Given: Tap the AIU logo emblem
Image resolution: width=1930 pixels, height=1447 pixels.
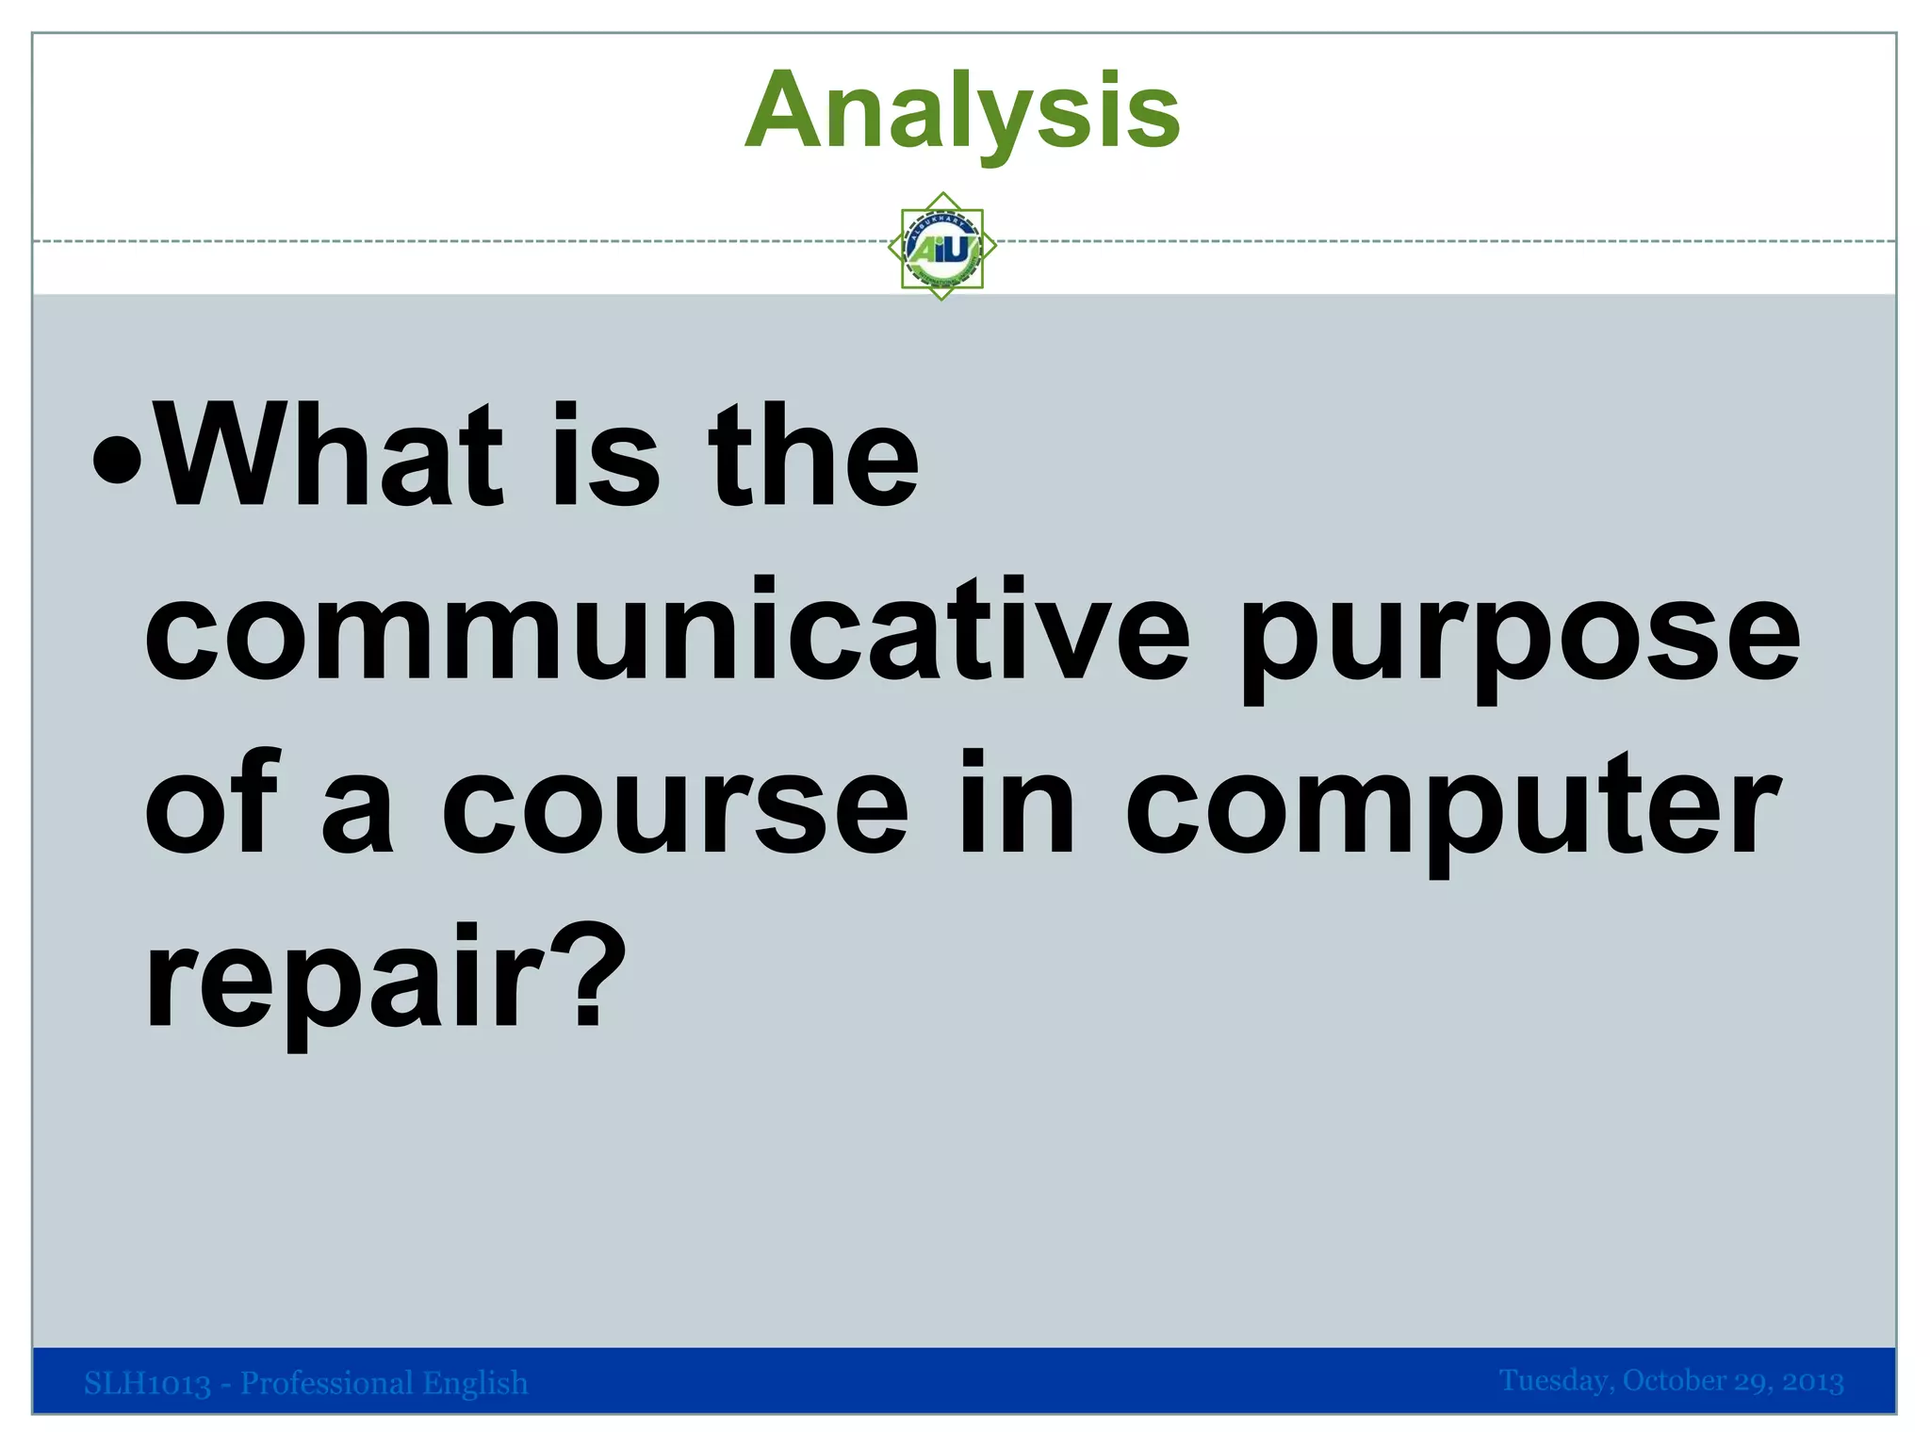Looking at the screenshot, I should pos(942,247).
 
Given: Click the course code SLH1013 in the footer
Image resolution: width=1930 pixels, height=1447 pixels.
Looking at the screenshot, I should pos(147,1384).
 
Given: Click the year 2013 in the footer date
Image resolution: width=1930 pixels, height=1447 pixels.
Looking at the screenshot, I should pos(1812,1381).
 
